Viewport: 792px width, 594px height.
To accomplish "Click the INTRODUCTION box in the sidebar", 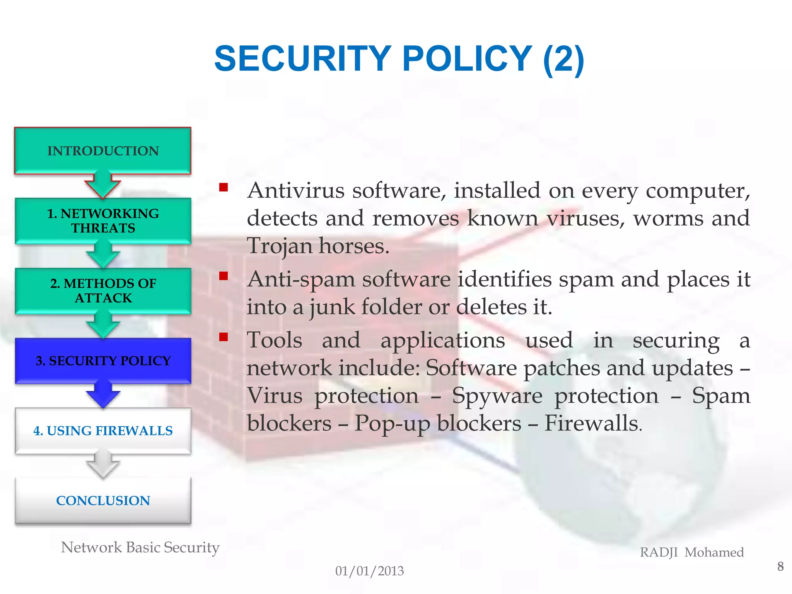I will (103, 150).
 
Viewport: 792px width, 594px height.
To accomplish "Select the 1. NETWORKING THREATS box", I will (103, 220).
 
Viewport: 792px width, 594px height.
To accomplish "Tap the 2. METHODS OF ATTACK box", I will (103, 290).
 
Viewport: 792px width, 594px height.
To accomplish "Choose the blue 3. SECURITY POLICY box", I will (103, 360).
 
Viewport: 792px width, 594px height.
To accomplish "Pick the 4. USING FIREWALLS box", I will (103, 430).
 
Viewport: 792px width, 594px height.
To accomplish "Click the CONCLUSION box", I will (103, 500).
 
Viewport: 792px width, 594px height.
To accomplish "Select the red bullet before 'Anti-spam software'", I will (223, 276).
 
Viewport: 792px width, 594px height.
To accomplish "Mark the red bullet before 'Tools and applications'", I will (223, 337).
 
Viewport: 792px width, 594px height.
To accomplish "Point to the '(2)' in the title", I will (563, 60).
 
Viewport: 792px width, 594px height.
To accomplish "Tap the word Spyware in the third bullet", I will (497, 396).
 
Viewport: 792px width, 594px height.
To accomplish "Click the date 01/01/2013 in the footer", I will (369, 571).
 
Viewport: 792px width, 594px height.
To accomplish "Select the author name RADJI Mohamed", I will (692, 552).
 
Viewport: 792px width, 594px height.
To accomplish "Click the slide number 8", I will (780, 567).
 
